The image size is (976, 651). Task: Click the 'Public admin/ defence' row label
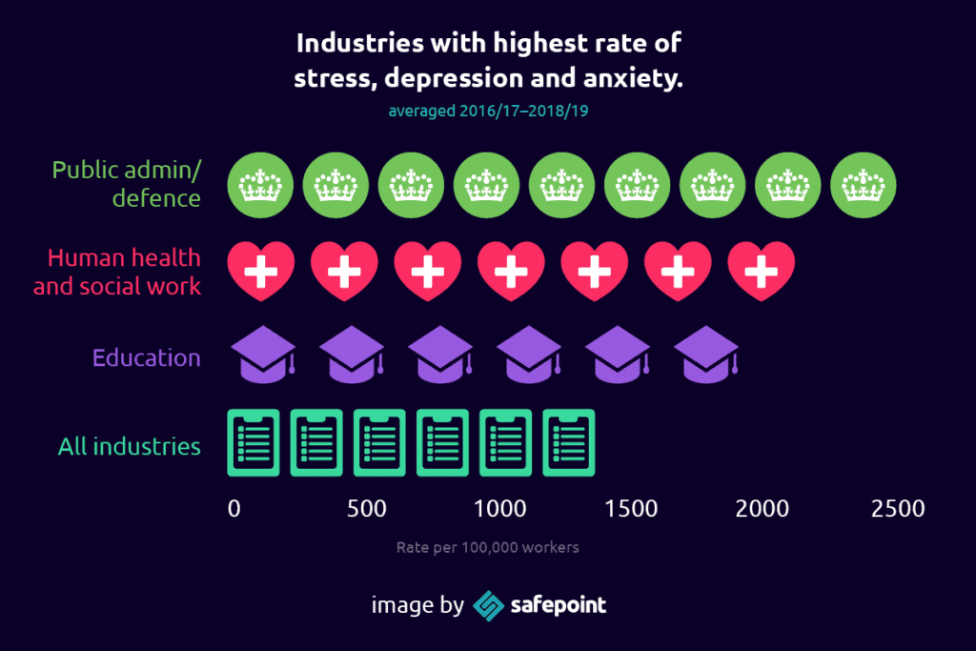tap(127, 184)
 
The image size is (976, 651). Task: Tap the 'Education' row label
tap(147, 358)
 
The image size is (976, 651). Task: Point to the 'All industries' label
tap(130, 446)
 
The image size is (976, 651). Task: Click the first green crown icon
tap(260, 184)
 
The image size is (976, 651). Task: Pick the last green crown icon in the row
tap(864, 184)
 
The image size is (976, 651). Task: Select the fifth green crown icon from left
tap(562, 184)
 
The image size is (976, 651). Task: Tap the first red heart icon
tap(260, 271)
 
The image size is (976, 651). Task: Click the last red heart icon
tap(761, 271)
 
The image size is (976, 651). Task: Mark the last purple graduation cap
tap(706, 355)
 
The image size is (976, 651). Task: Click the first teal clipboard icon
tap(254, 442)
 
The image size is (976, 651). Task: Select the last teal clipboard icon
tap(569, 442)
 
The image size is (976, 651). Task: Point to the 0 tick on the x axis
tap(234, 509)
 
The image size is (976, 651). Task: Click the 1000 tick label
tap(499, 509)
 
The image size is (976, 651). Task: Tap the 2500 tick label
tap(898, 509)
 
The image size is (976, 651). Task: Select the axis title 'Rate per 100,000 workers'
tap(488, 548)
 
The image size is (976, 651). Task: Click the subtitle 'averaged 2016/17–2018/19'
tap(488, 112)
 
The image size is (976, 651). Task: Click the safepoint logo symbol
tap(489, 605)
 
